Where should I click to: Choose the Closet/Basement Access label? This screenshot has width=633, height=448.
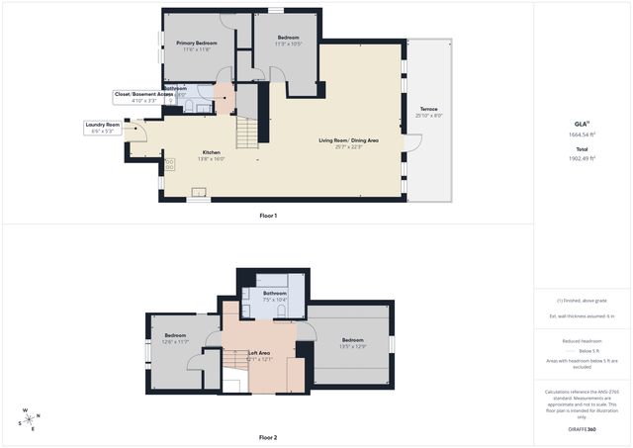[x=143, y=97]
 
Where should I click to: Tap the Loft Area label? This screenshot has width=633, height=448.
[x=261, y=354]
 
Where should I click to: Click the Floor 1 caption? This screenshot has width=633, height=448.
[x=268, y=216]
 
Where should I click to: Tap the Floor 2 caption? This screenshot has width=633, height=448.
[x=268, y=437]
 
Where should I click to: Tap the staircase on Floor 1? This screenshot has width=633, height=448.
[x=246, y=132]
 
